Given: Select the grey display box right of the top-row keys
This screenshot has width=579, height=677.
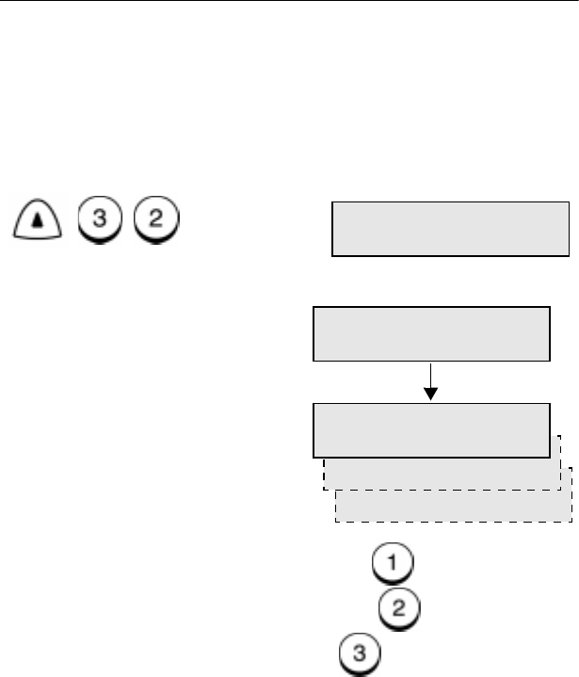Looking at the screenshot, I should tap(450, 228).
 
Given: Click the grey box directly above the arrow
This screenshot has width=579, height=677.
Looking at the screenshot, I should tap(430, 333).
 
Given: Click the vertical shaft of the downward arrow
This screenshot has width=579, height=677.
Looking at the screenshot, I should tap(430, 377).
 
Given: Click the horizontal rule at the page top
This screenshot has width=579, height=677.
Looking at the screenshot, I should tap(289, 2).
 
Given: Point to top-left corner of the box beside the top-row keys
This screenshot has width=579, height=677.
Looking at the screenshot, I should tap(331, 201).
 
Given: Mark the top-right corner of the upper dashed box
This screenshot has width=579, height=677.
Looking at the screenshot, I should tap(561, 436).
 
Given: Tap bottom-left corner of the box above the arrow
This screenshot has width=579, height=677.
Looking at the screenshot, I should tap(313, 361).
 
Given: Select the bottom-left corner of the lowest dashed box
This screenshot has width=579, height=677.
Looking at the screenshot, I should tap(336, 521).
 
